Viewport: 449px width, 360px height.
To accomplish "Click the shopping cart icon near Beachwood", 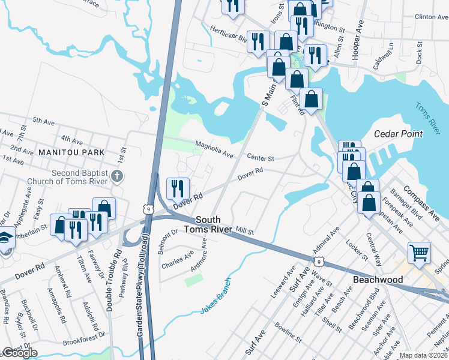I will pyautogui.click(x=418, y=252).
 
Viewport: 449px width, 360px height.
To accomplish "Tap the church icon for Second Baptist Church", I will pyautogui.click(x=118, y=176).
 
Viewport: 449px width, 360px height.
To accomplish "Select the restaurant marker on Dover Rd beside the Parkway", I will pyautogui.click(x=178, y=189).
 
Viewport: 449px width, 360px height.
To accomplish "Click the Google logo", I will pyautogui.click(x=20, y=353).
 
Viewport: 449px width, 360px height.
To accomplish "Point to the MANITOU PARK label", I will pyautogui.click(x=67, y=153).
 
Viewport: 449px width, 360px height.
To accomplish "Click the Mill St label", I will pyautogui.click(x=245, y=230).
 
